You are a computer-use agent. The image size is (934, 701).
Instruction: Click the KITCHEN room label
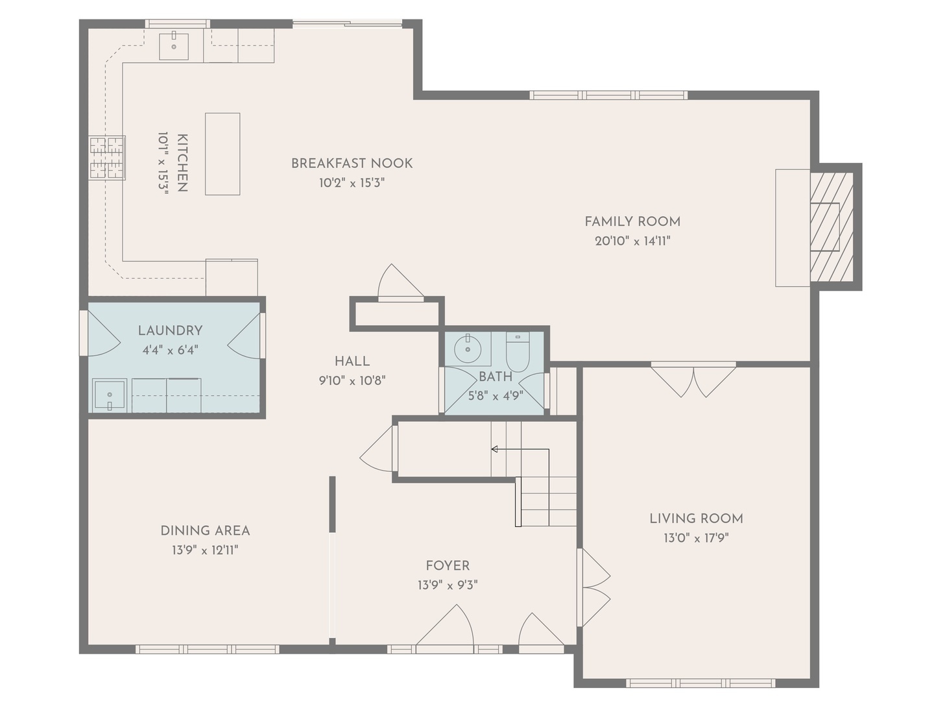coord(182,163)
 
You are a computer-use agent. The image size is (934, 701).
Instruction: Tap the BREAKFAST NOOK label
coord(352,164)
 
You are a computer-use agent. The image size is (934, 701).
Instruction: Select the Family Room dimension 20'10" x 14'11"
coord(632,241)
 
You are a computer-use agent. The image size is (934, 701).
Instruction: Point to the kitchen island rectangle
coord(222,154)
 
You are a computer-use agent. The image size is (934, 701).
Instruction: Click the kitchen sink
coord(174,46)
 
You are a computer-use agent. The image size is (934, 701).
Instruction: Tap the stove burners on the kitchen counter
coord(106,158)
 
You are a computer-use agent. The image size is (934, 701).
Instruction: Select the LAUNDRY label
coord(170,331)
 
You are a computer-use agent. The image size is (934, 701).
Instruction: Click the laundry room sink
coord(110,395)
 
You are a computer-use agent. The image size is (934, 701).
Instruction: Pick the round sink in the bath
coord(468,349)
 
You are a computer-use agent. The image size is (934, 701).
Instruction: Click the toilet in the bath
coord(518,352)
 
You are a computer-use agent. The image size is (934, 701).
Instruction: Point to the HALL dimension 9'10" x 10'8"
coord(352,380)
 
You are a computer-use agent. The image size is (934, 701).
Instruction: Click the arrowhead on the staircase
coord(494,449)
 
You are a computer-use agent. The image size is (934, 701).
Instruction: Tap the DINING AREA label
coord(205,531)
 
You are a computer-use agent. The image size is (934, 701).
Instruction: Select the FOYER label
coord(448,565)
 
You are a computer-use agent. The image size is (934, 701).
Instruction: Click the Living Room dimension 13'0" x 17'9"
coord(696,539)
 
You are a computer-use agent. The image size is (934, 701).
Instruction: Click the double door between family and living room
coord(693,380)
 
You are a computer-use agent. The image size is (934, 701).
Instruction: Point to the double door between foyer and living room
coord(594,588)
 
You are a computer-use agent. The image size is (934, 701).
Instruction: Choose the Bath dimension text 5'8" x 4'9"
coord(496,396)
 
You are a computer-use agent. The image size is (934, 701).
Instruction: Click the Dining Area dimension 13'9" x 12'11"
coord(205,550)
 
